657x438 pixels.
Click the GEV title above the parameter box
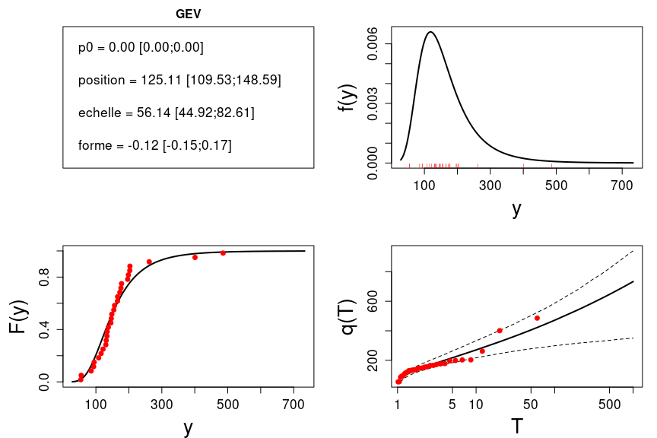click(188, 13)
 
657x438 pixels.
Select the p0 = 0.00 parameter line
click(141, 48)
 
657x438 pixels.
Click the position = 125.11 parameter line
click(179, 80)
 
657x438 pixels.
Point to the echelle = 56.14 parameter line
click(166, 113)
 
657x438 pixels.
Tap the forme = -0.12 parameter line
click(154, 144)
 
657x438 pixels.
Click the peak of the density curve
click(431, 32)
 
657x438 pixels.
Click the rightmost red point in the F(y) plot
click(223, 252)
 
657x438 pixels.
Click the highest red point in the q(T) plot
click(537, 318)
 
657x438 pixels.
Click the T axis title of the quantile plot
click(516, 427)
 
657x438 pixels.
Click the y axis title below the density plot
click(516, 209)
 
